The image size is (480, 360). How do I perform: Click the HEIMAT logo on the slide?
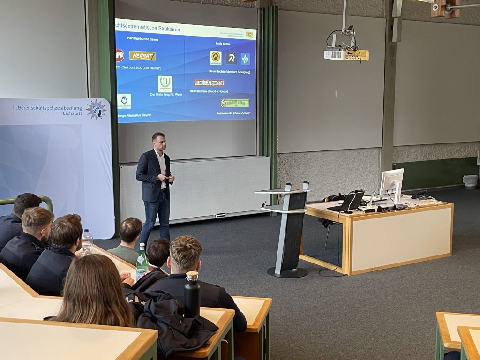click(142, 56)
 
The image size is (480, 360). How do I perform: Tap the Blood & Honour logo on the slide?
click(209, 83)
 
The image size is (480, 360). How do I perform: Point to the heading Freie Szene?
click(223, 44)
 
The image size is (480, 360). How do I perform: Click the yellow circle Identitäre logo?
click(216, 58)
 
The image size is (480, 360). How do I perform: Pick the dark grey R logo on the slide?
click(231, 58)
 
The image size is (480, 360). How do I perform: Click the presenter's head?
click(158, 140)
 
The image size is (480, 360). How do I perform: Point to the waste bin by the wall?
click(470, 181)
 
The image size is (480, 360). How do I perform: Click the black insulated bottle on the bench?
click(191, 295)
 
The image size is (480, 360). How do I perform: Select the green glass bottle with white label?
click(142, 262)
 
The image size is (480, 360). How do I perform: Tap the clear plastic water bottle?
click(87, 241)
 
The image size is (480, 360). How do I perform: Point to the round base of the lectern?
click(287, 272)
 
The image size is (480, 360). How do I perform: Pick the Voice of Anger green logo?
click(235, 103)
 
